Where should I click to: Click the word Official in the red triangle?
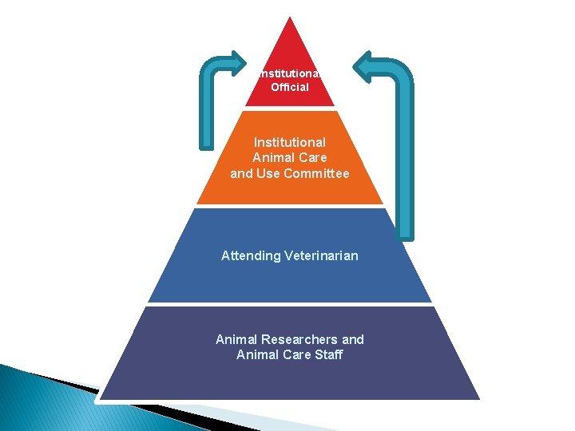coord(290,87)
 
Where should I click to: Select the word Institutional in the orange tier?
coord(290,142)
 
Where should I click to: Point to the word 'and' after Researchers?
coord(352,339)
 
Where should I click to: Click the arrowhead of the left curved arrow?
coord(237,63)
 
